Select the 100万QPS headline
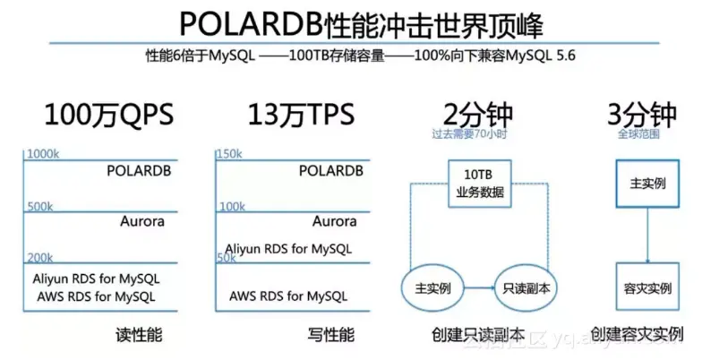(x=108, y=115)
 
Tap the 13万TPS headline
(x=300, y=115)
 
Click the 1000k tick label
(x=42, y=154)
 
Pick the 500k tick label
(x=39, y=207)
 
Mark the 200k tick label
(x=39, y=258)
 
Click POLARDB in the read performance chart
(x=139, y=170)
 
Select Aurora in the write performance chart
(x=334, y=221)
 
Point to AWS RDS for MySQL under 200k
(x=96, y=296)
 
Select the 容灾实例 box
(x=647, y=288)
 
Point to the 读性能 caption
(x=140, y=335)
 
